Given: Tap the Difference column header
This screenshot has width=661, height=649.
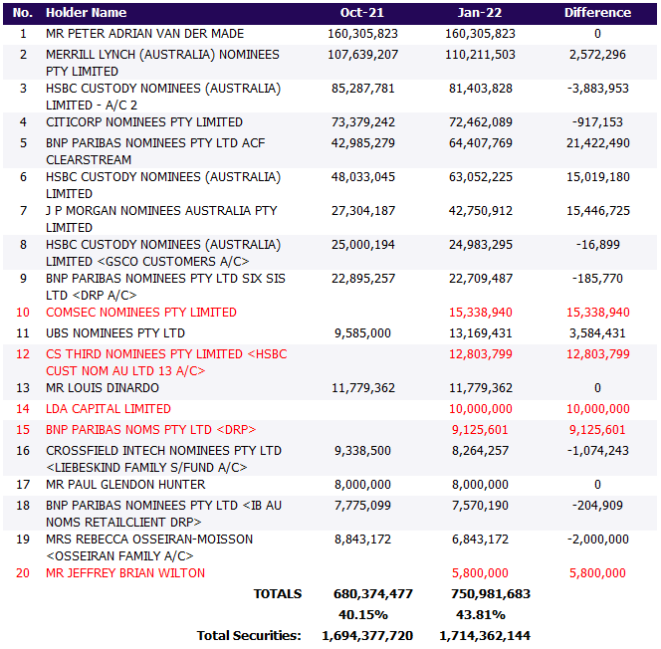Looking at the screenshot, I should [x=597, y=13].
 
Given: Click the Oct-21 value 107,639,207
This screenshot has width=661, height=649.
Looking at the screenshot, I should [x=361, y=55].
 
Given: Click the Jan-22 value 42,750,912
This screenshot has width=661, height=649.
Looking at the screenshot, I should [x=481, y=211].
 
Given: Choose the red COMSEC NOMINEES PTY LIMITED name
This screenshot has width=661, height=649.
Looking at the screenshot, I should [x=141, y=313].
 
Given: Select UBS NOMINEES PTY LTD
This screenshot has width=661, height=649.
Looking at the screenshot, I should [x=115, y=333].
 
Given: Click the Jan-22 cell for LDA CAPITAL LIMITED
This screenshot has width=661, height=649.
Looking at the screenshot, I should [x=481, y=409].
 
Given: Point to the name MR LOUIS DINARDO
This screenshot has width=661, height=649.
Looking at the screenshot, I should [x=103, y=388].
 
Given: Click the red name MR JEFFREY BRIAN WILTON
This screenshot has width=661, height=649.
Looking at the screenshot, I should [x=125, y=573].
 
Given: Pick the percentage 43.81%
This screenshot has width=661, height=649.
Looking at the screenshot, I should [x=481, y=614].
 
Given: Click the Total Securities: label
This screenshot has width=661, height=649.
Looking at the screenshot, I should [x=249, y=635].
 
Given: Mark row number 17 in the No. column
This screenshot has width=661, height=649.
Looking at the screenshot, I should [x=23, y=485].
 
